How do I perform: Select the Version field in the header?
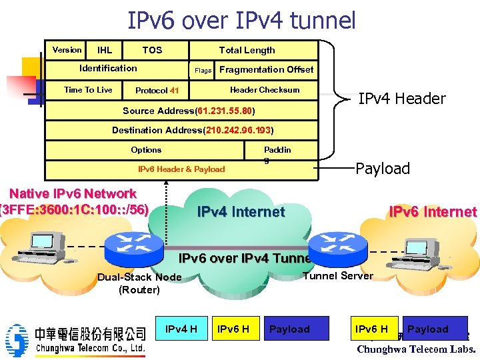[67, 50]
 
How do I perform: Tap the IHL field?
[105, 50]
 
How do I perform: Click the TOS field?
[152, 50]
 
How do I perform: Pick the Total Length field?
[247, 50]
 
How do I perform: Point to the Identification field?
[108, 68]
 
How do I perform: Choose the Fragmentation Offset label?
[266, 69]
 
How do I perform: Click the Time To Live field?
[88, 90]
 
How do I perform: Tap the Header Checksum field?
[265, 90]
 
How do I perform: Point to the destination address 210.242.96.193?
[193, 130]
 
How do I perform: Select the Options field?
[146, 150]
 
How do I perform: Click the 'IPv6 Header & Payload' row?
[181, 169]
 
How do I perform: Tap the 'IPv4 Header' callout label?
[401, 99]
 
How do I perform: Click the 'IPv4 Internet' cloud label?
[241, 212]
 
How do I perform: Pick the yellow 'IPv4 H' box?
[181, 329]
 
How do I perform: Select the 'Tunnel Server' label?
[338, 276]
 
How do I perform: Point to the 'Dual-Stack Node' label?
[139, 277]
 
